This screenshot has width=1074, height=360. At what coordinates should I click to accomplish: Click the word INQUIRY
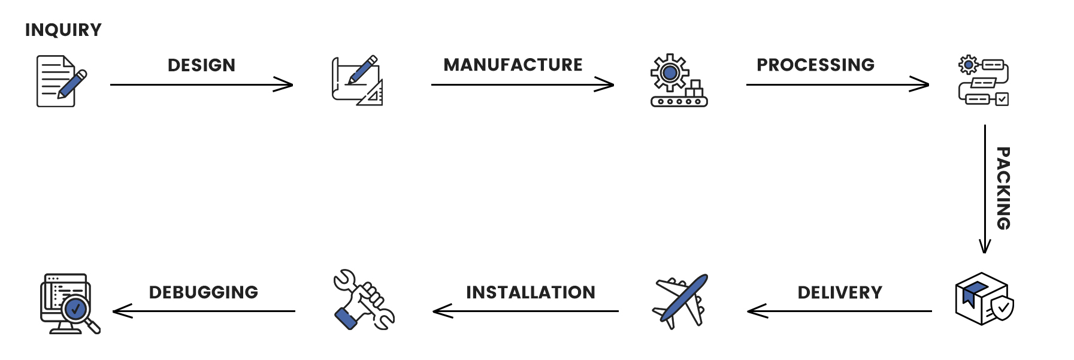point(63,30)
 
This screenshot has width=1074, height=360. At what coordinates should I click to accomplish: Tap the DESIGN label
point(201,65)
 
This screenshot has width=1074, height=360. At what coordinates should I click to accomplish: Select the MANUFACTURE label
point(513,65)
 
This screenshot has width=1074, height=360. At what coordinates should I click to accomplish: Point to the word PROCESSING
point(815,65)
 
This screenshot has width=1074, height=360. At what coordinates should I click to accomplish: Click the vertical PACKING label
point(1003,188)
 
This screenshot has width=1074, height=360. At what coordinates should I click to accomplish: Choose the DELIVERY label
point(840,292)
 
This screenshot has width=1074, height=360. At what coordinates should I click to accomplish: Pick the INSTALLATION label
point(531,292)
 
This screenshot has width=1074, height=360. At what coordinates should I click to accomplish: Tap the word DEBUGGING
point(204,292)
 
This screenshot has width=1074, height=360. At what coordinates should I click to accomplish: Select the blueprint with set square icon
point(358,81)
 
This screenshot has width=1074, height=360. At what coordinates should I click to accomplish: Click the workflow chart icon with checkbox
point(983,81)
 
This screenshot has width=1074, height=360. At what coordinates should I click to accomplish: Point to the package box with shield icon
point(983,298)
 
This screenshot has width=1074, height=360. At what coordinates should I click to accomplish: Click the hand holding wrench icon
point(363,300)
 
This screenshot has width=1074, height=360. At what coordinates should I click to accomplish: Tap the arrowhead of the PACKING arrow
point(985,248)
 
